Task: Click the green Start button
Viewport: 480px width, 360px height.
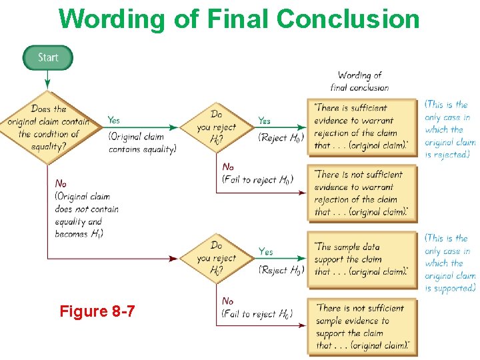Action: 48,57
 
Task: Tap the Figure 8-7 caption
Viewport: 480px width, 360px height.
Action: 97,311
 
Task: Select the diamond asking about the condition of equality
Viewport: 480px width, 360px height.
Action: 48,127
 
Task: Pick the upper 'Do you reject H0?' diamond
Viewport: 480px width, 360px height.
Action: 217,127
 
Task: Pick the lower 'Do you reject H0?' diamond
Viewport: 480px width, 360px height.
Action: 217,258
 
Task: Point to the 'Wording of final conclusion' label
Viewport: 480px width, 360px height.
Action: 359,81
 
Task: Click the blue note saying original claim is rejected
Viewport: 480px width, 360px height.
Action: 449,129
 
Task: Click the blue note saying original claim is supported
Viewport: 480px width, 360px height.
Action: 449,263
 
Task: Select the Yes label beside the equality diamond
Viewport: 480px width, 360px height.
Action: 114,120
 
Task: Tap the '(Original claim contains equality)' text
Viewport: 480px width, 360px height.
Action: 143,143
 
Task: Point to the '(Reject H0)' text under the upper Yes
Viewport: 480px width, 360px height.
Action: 281,137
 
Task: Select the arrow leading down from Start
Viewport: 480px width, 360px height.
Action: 48,79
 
